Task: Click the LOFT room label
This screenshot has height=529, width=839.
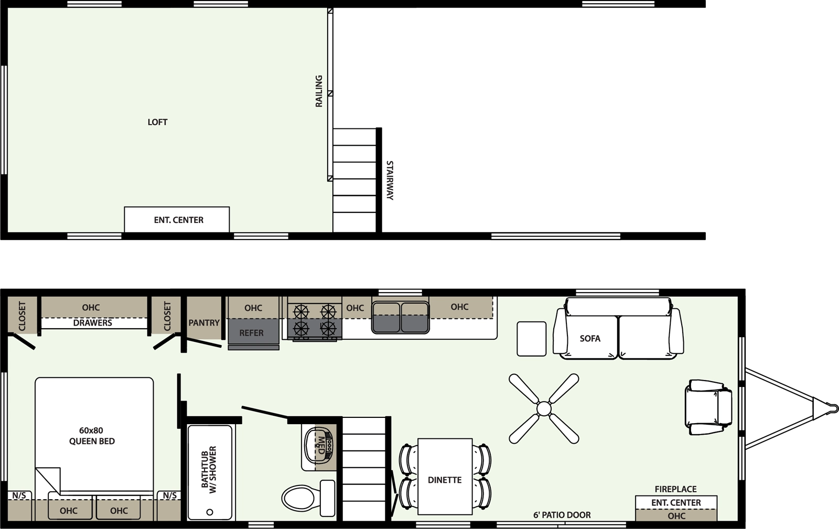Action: [x=157, y=122]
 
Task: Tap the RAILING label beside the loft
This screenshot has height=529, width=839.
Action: [x=319, y=91]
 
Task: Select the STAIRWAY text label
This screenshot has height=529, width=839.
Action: [x=390, y=180]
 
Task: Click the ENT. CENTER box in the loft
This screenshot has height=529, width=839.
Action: [x=177, y=219]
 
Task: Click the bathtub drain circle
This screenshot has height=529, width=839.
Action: [x=210, y=512]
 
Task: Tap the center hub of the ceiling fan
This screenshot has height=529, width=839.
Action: [x=544, y=408]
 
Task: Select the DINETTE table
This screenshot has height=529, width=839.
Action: [x=445, y=477]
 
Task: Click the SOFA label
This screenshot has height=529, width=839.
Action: [x=590, y=339]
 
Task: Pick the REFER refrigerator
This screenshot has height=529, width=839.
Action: [x=254, y=332]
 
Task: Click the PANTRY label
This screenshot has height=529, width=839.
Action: [x=204, y=323]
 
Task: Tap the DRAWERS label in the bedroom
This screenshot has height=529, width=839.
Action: [x=92, y=323]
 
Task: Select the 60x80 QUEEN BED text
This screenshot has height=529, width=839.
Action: [x=92, y=436]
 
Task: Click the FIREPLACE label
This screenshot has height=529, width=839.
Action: [x=676, y=489]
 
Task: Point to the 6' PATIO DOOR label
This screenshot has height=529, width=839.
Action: [x=562, y=515]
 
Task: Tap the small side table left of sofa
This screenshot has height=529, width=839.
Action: [x=532, y=339]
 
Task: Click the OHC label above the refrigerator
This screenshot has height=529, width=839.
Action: [x=253, y=308]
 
